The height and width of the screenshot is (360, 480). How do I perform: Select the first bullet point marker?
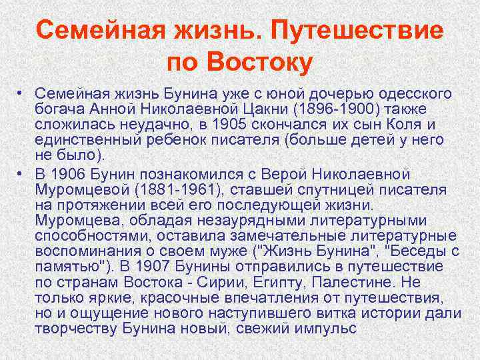tap(22, 93)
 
